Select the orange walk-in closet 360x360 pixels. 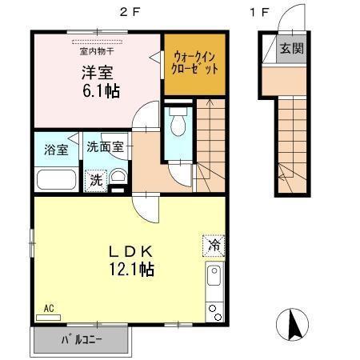click(x=195, y=63)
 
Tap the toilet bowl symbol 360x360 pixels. click(x=178, y=123)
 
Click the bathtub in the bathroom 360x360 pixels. click(x=55, y=180)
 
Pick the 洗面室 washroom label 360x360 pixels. click(x=105, y=147)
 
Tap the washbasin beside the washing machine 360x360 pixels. click(x=118, y=178)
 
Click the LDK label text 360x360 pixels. click(x=131, y=250)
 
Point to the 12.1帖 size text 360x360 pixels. click(x=131, y=270)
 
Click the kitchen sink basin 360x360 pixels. click(x=214, y=278)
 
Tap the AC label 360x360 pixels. click(x=48, y=307)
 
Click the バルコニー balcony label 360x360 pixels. click(x=81, y=343)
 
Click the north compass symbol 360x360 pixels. click(x=293, y=324)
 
